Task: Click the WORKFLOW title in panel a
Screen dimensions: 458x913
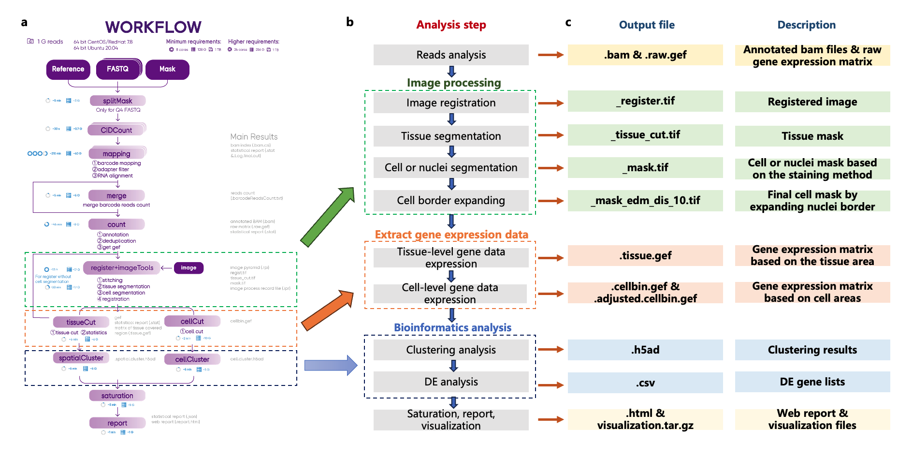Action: coord(153,27)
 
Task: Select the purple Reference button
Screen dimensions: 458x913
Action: coord(68,69)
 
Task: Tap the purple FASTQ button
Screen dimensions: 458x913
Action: coord(118,69)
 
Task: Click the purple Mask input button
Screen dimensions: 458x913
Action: coord(167,69)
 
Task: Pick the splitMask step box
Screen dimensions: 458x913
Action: coord(117,101)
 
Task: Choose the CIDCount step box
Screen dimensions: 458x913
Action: coord(116,130)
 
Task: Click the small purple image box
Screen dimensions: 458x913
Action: coord(188,267)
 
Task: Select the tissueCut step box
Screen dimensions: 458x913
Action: coord(81,322)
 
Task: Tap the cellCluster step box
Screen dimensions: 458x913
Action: coord(192,359)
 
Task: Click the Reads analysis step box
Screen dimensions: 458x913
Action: coord(450,55)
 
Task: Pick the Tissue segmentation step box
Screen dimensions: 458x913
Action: coord(450,136)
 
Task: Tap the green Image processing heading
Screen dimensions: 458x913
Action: coord(453,83)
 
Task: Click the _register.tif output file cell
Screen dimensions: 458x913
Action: coord(645,101)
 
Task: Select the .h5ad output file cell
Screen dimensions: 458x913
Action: coord(645,350)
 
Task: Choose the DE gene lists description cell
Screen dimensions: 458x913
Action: coord(812,382)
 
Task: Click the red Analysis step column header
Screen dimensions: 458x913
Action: coord(451,25)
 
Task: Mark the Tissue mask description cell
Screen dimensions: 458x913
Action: coord(812,136)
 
